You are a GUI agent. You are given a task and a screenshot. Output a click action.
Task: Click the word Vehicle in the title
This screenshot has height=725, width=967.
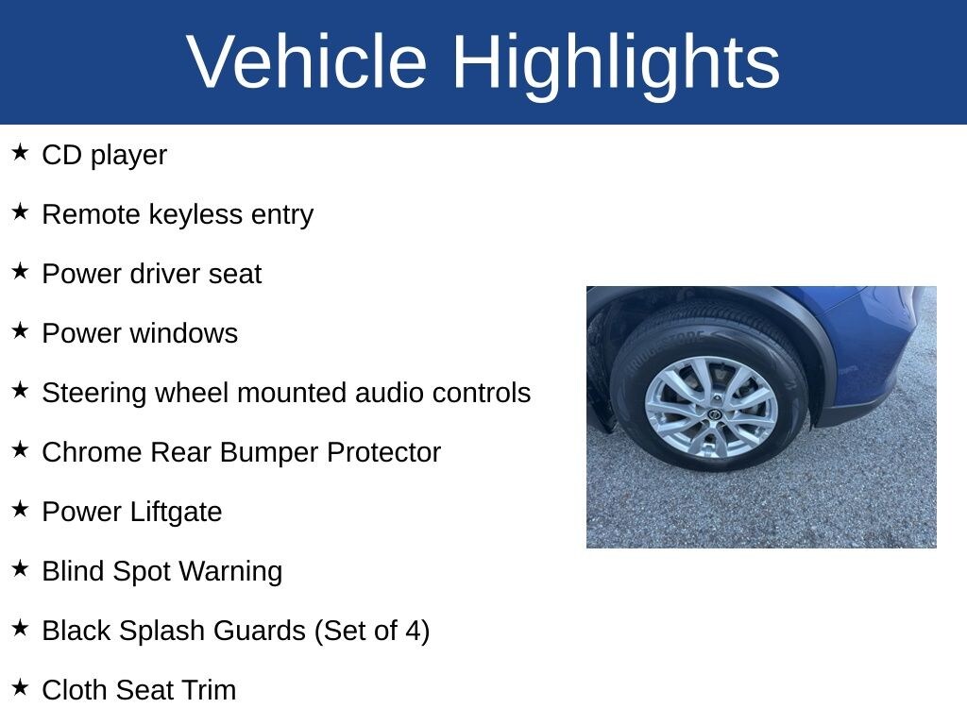pos(307,61)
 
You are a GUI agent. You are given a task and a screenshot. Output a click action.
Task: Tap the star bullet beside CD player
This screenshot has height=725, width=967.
pos(21,152)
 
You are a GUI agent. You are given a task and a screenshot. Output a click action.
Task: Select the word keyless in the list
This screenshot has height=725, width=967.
pos(195,215)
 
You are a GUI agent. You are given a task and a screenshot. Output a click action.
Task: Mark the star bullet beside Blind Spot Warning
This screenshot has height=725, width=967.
pos(21,568)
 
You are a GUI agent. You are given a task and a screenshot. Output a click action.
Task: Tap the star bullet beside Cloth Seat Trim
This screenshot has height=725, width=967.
pos(21,687)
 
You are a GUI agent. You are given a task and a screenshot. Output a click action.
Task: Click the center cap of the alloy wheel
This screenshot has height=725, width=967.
pos(715,415)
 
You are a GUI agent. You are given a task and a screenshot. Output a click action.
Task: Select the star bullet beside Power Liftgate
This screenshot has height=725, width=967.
pos(21,509)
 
